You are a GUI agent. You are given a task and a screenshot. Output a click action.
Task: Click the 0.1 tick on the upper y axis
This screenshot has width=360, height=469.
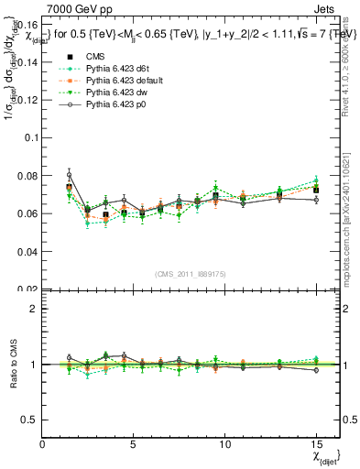tap(30, 137)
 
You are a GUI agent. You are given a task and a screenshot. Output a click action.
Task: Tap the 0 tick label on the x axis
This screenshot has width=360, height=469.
tap(43, 443)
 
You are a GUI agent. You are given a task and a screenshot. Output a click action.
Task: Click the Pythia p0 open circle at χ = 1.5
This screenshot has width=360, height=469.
tap(70, 175)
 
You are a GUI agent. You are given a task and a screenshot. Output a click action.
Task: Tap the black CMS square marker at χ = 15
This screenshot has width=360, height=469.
tap(316, 191)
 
